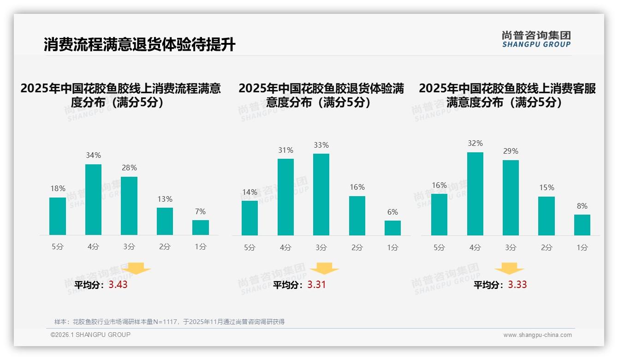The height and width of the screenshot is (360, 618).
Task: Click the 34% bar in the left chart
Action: click(93, 199)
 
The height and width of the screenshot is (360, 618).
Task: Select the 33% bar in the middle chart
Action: click(321, 194)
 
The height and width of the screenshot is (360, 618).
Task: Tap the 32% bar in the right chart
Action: click(475, 194)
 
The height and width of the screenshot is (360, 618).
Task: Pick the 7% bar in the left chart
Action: click(201, 228)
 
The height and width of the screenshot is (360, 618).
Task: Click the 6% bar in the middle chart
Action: click(392, 228)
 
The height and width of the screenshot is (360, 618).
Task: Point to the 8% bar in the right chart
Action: click(582, 225)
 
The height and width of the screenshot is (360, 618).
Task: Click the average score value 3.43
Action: click(118, 285)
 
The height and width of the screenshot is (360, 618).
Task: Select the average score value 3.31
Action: click(316, 285)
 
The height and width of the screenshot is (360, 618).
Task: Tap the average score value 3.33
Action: click(517, 285)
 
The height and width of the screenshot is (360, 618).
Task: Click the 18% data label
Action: click(58, 188)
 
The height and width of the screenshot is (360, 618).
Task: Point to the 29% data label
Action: click(511, 151)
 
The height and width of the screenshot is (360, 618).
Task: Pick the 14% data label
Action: click(250, 192)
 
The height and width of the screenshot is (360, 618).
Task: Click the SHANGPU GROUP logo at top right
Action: click(536, 39)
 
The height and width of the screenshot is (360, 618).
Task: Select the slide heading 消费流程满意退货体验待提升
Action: click(139, 45)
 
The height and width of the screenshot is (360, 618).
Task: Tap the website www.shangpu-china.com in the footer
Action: click(537, 335)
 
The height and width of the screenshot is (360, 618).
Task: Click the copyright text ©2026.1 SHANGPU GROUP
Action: click(90, 335)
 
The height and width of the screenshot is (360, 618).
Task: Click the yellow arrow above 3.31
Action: click(324, 269)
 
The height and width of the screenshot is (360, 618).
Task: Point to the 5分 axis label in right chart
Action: click(439, 247)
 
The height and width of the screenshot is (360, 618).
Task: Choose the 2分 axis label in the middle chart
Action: click(357, 247)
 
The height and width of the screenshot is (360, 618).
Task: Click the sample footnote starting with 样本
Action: click(169, 322)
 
